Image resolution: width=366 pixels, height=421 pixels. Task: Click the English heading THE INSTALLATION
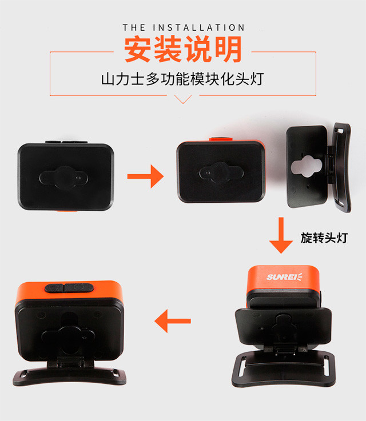pyautogui.click(x=184, y=27)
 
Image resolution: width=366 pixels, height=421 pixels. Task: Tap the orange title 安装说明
pyautogui.click(x=183, y=49)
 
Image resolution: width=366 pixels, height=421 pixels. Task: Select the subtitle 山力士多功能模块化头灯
pyautogui.click(x=182, y=79)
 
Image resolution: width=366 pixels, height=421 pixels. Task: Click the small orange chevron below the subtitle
pyautogui.click(x=183, y=99)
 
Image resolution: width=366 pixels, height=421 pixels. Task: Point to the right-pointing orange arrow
pyautogui.click(x=145, y=177)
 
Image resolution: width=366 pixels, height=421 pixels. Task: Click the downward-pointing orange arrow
pyautogui.click(x=281, y=235)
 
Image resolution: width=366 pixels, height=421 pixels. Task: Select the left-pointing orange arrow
pyautogui.click(x=173, y=321)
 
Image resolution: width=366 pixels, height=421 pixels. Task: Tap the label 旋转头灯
pyautogui.click(x=324, y=238)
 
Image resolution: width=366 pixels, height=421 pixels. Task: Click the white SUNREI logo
pyautogui.click(x=284, y=277)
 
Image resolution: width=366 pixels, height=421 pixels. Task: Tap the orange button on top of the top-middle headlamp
pyautogui.click(x=221, y=139)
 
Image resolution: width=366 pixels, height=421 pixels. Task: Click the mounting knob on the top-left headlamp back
pyautogui.click(x=63, y=178)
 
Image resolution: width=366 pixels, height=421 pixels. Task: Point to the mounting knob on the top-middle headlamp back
pyautogui.click(x=221, y=173)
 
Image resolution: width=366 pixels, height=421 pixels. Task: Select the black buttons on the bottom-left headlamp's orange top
pyautogui.click(x=69, y=288)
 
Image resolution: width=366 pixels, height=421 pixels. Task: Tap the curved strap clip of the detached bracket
pyautogui.click(x=341, y=166)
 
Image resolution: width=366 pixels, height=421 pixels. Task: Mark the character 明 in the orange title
pyautogui.click(x=228, y=49)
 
